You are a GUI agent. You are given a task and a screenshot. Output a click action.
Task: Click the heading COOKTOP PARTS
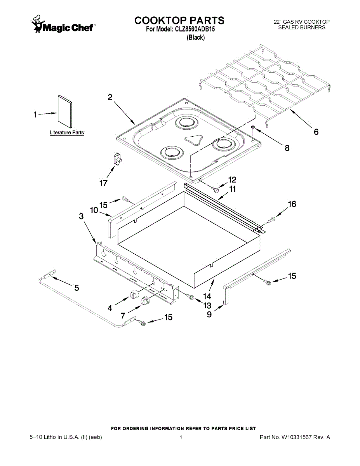tap(179, 20)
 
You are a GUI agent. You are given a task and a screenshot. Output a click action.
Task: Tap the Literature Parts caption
tap(66, 133)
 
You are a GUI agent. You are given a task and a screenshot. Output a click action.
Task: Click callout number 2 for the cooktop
tap(110, 97)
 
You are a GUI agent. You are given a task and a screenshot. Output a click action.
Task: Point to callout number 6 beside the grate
tap(316, 132)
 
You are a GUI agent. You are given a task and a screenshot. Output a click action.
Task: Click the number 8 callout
tap(287, 148)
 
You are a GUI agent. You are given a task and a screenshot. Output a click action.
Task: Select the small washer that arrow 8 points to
tap(253, 127)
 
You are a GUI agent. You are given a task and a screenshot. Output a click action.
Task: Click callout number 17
tap(103, 183)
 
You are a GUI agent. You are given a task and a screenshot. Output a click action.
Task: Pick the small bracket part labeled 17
tap(117, 159)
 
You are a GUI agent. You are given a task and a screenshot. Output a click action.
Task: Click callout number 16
tap(292, 204)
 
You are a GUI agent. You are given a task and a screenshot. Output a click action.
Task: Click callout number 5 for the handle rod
tap(77, 288)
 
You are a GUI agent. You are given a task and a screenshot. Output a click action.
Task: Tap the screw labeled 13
tap(190, 297)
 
